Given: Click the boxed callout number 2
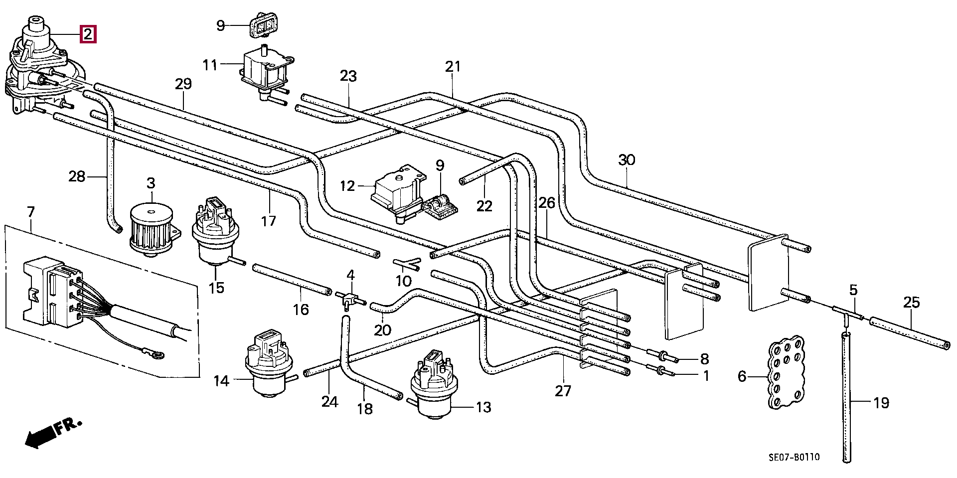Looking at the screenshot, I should (x=87, y=34).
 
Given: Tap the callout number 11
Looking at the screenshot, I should (x=210, y=65).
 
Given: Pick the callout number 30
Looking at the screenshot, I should (x=627, y=160).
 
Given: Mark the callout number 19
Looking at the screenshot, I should (x=881, y=402).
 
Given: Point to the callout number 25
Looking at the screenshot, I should (x=912, y=303).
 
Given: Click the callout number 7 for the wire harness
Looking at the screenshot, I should (x=30, y=212).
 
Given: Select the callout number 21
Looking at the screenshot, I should (x=453, y=67).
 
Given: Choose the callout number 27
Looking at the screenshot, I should (x=563, y=391).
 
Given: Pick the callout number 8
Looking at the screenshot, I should (x=704, y=358).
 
